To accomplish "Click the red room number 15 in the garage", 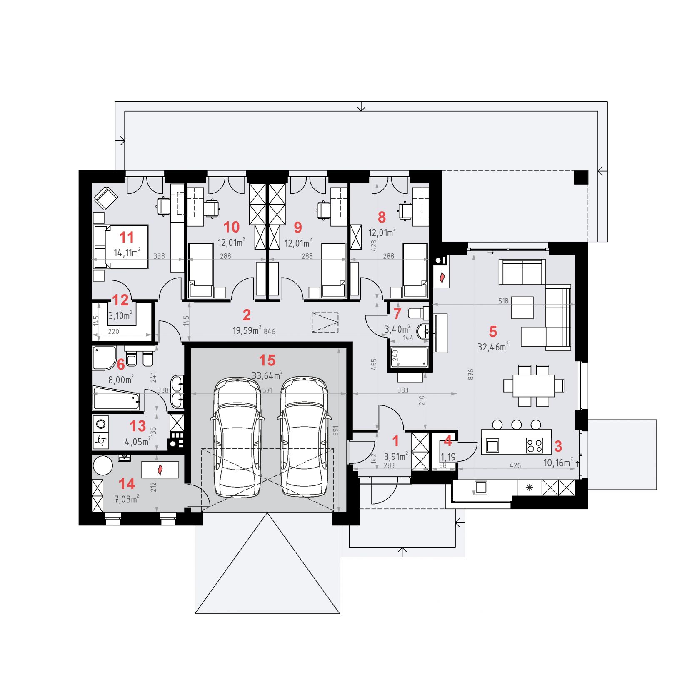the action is pyautogui.click(x=267, y=360).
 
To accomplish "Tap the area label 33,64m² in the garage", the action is pyautogui.click(x=267, y=375).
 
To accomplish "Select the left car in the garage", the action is pyautogui.click(x=237, y=437).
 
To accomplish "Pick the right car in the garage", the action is pyautogui.click(x=305, y=437).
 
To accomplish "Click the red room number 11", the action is pyautogui.click(x=127, y=237).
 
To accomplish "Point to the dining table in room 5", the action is pyautogui.click(x=533, y=385).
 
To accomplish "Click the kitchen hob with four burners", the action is pyautogui.click(x=535, y=445).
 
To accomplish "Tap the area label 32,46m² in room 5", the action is pyautogui.click(x=493, y=347).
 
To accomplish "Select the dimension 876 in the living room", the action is pyautogui.click(x=471, y=374).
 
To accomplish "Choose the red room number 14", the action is pyautogui.click(x=127, y=484).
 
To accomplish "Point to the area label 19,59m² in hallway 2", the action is pyautogui.click(x=247, y=330).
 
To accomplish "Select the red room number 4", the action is pyautogui.click(x=448, y=441).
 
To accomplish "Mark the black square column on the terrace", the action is pyautogui.click(x=581, y=177).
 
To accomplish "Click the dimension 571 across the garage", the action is pyautogui.click(x=267, y=390).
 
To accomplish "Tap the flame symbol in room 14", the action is pyautogui.click(x=160, y=470).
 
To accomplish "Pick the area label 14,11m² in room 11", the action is pyautogui.click(x=127, y=252).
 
